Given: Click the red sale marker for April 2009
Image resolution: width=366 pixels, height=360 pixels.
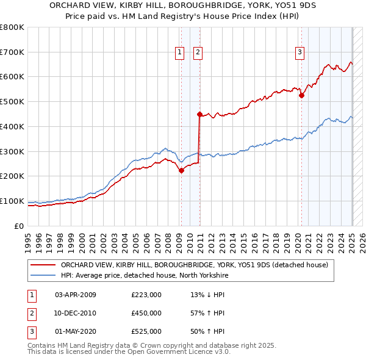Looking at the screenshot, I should click(181, 171).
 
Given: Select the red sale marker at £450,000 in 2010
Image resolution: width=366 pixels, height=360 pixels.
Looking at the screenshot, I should click(199, 114).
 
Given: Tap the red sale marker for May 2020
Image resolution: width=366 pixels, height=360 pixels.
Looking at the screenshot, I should click(301, 95).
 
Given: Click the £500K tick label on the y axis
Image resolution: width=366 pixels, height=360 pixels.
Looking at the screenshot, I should click(12, 102).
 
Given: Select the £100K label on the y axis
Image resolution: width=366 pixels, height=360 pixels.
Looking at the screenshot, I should click(12, 201).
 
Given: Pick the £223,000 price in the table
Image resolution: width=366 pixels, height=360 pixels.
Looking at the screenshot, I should click(146, 295).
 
